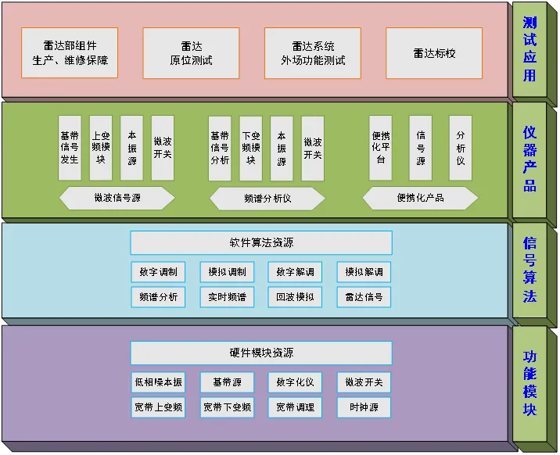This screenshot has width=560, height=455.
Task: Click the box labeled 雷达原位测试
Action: coord(191,52)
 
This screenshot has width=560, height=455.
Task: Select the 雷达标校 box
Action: coord(434,52)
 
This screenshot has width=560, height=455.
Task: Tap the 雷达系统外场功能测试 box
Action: coord(313,52)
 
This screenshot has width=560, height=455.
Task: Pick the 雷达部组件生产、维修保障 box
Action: coord(70,52)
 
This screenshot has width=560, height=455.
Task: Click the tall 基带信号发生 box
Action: coord(70,148)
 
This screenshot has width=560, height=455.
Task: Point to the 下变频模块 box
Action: coord(250,148)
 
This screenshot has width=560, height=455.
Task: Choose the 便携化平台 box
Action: coord(381,148)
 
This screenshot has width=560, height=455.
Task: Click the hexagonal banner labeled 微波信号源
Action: coord(117,199)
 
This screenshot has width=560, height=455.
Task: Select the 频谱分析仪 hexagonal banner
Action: coord(267,199)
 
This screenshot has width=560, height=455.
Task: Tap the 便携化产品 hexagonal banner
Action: coord(420,198)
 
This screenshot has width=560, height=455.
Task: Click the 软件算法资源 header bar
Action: coord(261,243)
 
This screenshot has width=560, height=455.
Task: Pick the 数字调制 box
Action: coord(158,272)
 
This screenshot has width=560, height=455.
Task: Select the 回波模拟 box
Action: coord(295,297)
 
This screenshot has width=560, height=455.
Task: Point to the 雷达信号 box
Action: coord(364,297)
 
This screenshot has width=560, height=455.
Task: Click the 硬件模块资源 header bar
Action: coord(261,353)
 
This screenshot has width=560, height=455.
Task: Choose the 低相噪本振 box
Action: coord(158,382)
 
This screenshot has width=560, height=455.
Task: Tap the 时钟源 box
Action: coord(364,407)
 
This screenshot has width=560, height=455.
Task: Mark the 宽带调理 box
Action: coord(295,407)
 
